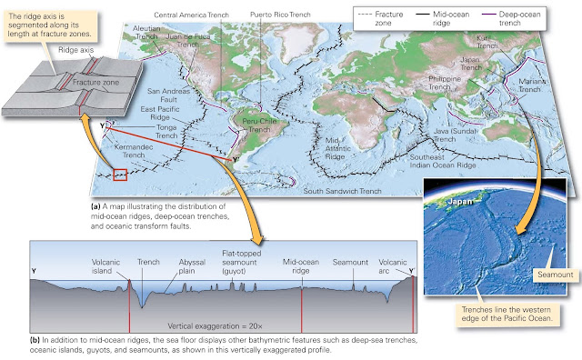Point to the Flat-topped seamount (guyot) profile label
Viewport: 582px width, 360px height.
pyautogui.click(x=242, y=261)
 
